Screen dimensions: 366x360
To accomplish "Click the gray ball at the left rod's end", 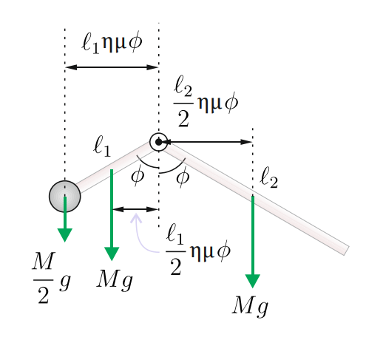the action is point(64,197).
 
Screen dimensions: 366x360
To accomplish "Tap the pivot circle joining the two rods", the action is point(159,142).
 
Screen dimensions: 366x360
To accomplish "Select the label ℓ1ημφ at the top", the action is point(112,42).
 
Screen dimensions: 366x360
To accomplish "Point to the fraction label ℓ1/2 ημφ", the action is point(198,250).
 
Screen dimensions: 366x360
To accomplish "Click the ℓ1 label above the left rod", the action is point(102,147).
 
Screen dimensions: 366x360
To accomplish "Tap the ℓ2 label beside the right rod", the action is point(268,177).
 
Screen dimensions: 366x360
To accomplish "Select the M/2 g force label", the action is point(51,277).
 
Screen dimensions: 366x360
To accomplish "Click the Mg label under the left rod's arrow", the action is point(115,280).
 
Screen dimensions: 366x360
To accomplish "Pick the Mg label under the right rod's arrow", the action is point(250,307).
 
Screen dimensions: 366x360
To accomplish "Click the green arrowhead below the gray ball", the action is point(65,235).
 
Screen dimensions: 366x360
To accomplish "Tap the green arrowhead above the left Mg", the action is point(112,254).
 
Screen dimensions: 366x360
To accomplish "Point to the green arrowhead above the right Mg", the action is point(253,281).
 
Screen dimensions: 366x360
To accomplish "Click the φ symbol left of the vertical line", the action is point(138,174).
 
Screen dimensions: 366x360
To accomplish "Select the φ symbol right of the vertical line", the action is point(183,177).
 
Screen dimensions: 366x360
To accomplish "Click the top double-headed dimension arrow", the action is point(112,67).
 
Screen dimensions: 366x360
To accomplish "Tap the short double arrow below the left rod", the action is point(135,209).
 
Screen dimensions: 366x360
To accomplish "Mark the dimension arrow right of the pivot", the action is point(206,142).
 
